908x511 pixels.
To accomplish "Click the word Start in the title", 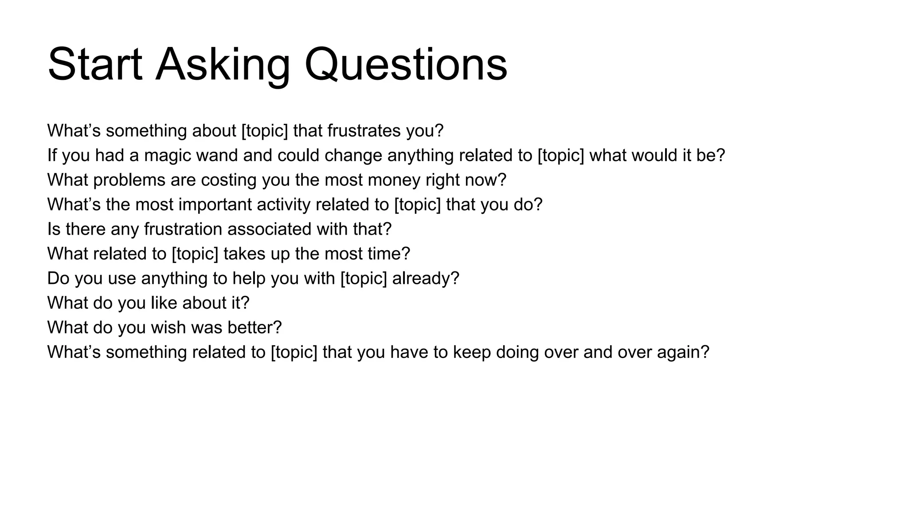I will coord(95,65).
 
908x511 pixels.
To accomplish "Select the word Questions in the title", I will coord(406,65).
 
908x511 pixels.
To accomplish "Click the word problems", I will coord(123,180).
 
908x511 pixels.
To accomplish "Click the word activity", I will coord(283,204).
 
